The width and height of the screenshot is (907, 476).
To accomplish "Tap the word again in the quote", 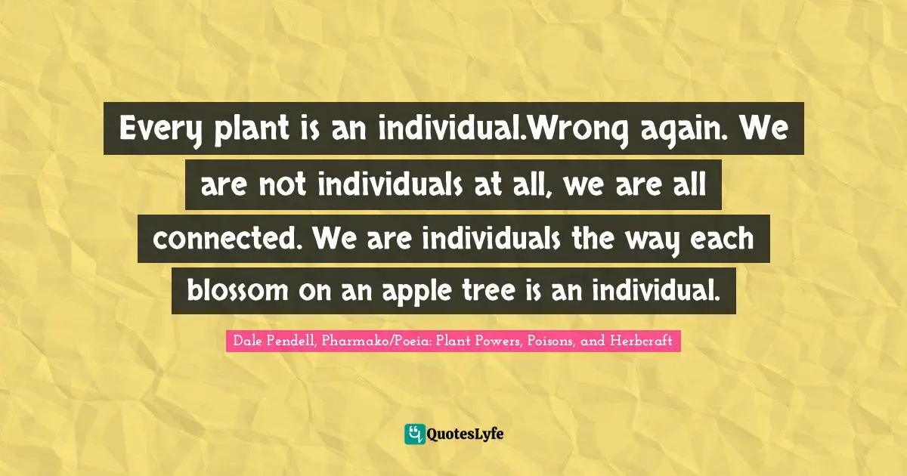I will (x=666, y=131).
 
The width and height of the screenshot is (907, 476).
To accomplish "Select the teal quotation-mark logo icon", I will (x=414, y=434).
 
